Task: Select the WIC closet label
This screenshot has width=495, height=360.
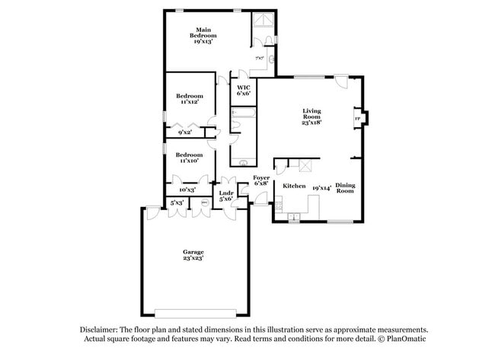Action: (x=244, y=88)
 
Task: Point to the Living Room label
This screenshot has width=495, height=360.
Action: (x=311, y=114)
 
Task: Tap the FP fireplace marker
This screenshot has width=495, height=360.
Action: (x=357, y=118)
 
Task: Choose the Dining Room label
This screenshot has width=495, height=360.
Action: (x=346, y=187)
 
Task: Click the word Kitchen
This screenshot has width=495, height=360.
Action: (x=294, y=186)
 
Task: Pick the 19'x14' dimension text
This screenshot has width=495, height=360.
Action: (x=320, y=186)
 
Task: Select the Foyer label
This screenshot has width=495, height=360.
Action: (x=260, y=177)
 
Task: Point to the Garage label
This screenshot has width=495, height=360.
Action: (x=193, y=251)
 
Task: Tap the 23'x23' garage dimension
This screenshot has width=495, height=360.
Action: (x=193, y=258)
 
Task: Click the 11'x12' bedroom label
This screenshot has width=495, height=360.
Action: (x=190, y=102)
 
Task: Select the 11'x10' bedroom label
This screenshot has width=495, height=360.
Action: (x=190, y=161)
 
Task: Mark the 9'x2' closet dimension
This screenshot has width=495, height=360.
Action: (x=185, y=132)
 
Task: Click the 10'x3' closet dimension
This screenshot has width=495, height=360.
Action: (x=187, y=190)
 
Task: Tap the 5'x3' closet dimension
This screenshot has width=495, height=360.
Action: (x=177, y=202)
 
